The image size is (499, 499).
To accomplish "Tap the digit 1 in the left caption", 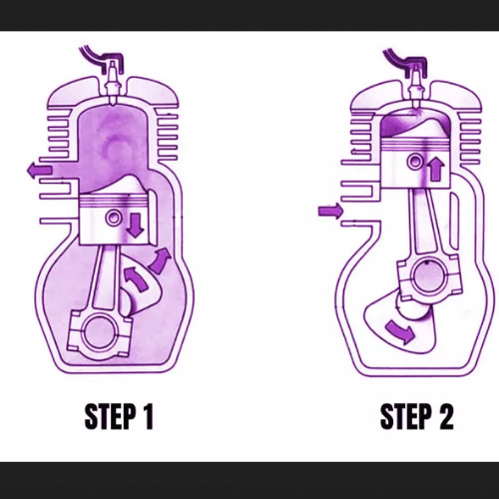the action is click(148, 416).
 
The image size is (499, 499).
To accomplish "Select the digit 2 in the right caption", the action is click(446, 416).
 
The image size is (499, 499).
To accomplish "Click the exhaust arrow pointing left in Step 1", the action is click(39, 171).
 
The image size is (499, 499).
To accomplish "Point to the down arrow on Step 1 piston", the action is click(136, 226).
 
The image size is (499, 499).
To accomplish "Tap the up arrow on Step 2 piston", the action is click(436, 169).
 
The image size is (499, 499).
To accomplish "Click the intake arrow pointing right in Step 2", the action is click(331, 211).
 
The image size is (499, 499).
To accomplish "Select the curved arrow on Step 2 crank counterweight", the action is click(401, 332).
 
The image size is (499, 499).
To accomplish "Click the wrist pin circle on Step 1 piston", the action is click(114, 218).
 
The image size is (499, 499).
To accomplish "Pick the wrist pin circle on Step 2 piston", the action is click(415, 162).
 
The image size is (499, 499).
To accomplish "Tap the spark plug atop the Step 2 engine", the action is click(415, 87).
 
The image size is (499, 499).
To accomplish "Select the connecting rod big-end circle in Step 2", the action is click(429, 277).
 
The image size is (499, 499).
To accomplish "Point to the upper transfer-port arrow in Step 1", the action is click(160, 260).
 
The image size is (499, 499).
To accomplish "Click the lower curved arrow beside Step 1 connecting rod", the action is click(136, 278).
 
